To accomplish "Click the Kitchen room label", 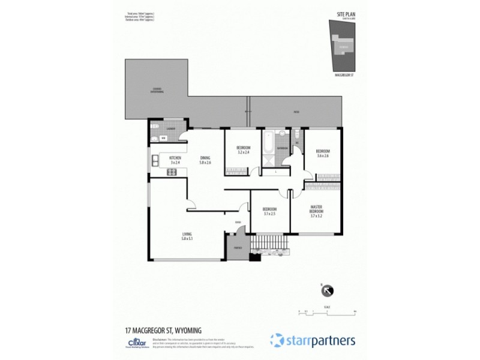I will (175, 158).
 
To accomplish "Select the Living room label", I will (187, 234).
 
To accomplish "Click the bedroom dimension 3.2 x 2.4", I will (243, 152).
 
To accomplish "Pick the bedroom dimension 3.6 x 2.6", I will (323, 155).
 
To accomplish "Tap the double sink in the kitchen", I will (155, 160).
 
